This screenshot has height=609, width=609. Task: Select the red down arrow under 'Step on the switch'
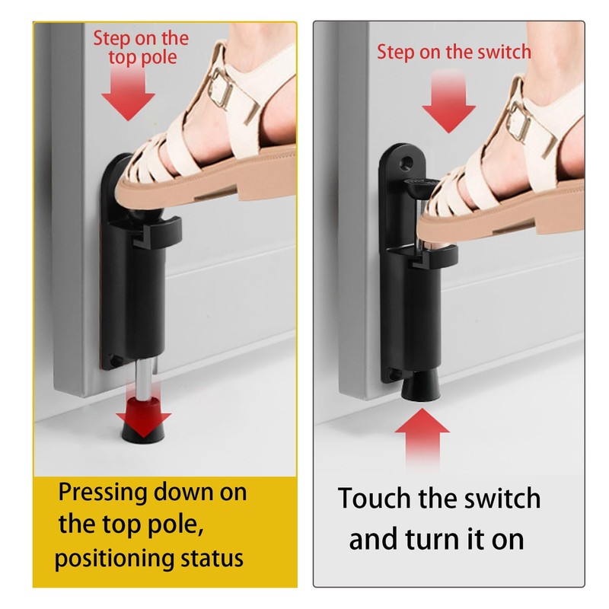point(448,107)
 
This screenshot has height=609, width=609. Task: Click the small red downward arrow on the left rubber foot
point(142,415)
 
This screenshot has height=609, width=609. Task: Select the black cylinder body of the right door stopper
point(421,320)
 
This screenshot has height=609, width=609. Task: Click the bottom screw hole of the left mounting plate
point(113,360)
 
